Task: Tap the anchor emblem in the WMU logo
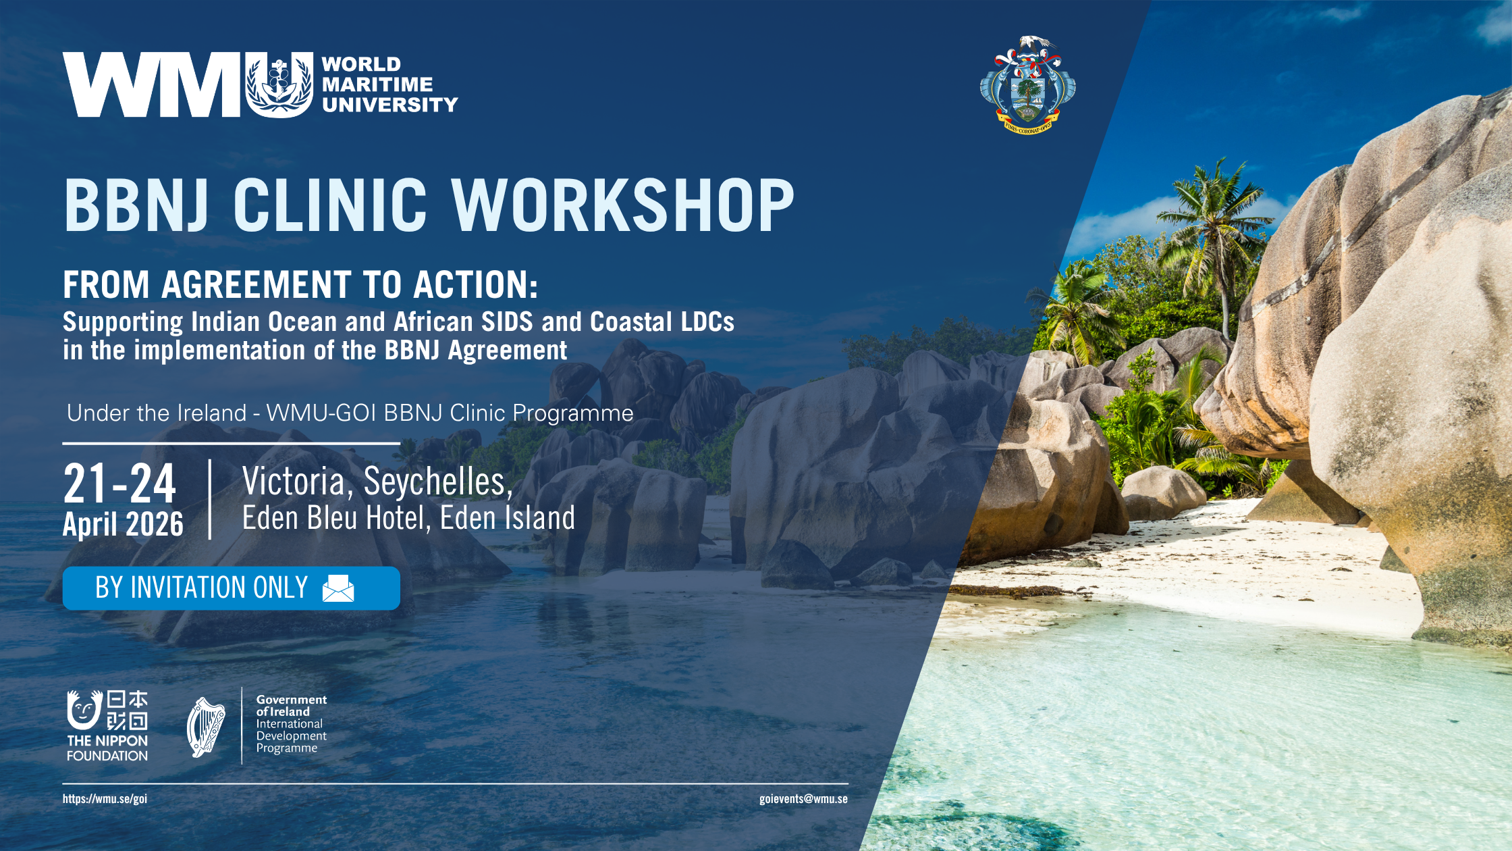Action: [279, 85]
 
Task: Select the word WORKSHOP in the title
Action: [622, 205]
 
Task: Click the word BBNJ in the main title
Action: [136, 205]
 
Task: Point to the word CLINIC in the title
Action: [330, 205]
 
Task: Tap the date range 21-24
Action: [119, 484]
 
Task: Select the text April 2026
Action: [123, 524]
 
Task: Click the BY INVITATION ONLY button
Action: [232, 588]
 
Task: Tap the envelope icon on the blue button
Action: [338, 588]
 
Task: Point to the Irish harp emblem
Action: [206, 727]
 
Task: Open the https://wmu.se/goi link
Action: [105, 799]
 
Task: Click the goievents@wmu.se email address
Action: [803, 799]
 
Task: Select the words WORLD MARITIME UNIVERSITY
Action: [389, 84]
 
